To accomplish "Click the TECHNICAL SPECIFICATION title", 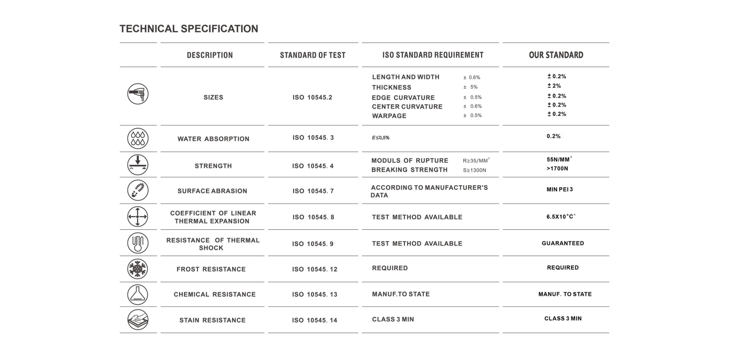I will point(189,29).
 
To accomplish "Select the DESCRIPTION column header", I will point(210,55).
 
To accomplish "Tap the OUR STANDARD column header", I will point(556,55).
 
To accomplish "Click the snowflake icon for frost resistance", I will point(138,269).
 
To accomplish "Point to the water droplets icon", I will point(138,139).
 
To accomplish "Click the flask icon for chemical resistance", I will point(138,294).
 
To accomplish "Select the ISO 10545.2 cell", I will point(313,98).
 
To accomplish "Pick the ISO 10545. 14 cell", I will point(315,320).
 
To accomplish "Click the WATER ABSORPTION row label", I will point(213,139).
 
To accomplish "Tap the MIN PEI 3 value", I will point(559,189).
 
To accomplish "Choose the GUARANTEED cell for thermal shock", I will point(563,243).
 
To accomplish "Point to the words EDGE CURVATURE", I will point(403,98).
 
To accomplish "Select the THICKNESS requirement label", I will point(391,88).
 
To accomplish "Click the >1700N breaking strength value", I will point(557,168).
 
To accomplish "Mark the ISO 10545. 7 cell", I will point(313,191).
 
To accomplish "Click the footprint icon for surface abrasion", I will point(138,190).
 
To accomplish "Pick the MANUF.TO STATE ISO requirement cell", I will point(401,294).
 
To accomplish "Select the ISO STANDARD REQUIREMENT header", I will point(433,55).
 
